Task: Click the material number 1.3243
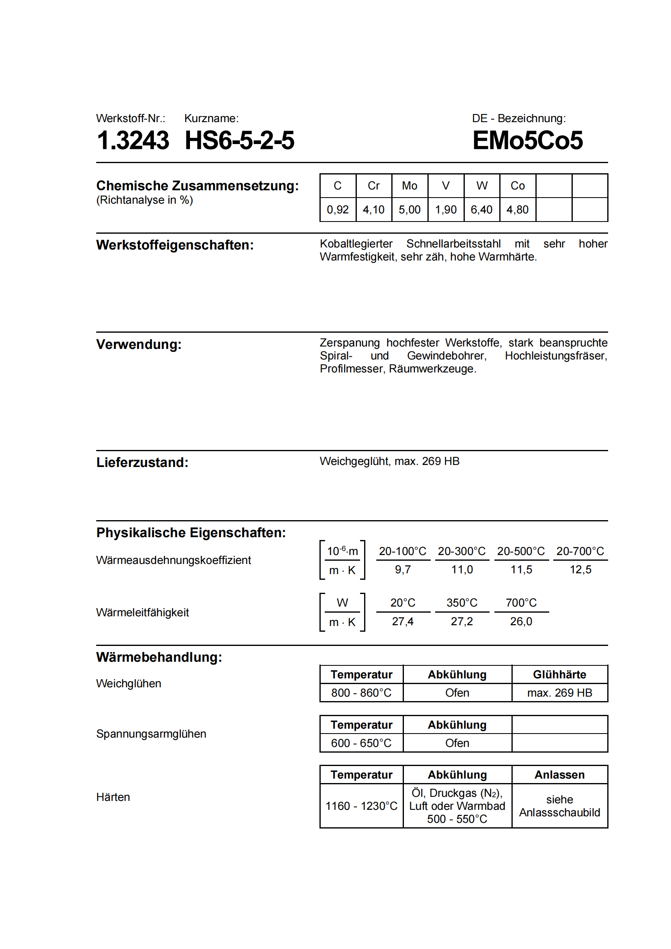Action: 133,140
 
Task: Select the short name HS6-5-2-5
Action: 239,140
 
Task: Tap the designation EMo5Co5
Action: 528,140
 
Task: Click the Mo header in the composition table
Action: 409,186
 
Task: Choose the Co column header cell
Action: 517,186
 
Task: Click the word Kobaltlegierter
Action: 356,244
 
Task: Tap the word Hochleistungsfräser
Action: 556,356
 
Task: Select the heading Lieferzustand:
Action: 142,463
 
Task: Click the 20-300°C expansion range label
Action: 462,551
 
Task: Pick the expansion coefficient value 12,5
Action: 580,570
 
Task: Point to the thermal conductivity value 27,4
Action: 402,622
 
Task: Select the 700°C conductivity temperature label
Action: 521,603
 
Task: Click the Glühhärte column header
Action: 559,675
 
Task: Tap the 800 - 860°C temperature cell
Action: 361,693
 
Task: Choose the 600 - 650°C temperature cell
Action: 361,743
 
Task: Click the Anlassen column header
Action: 559,775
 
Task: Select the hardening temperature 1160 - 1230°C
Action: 361,806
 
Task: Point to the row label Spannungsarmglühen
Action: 151,734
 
